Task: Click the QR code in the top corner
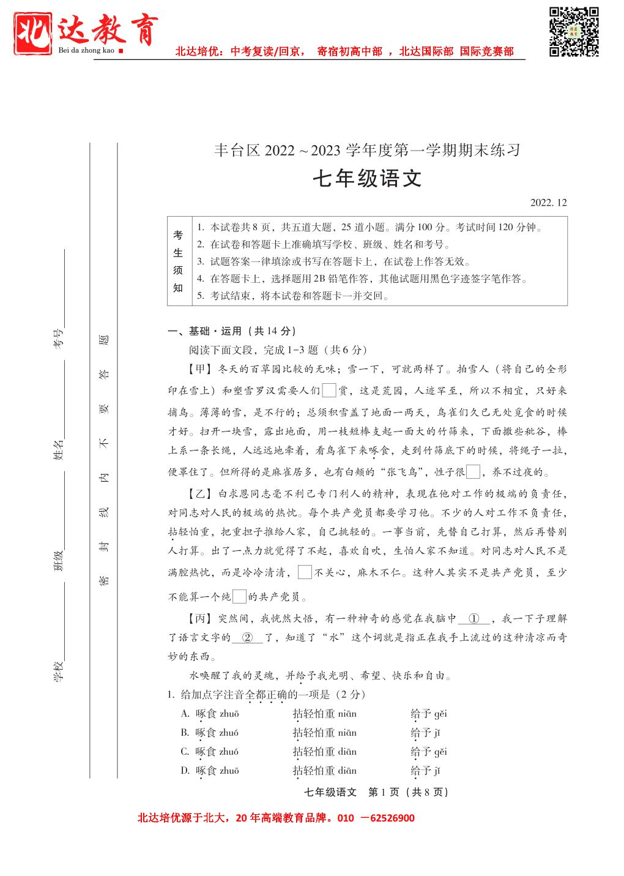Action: pos(573,32)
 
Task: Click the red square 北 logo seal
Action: pos(33,34)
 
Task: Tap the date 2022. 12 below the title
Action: pos(548,203)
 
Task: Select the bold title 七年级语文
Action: pos(367,179)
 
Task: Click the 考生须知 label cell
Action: pos(178,261)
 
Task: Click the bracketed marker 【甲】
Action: pos(199,369)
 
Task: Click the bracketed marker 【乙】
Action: pos(199,494)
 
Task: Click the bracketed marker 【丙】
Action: pos(199,619)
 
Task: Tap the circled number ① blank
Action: pos(474,619)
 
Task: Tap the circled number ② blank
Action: pos(247,638)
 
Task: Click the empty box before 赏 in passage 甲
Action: pos(329,390)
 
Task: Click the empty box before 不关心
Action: pos(305,572)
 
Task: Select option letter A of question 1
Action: pos(185,714)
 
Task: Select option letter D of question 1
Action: pos(185,771)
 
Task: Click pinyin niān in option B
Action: pos(347,733)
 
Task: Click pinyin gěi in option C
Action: pos(440,752)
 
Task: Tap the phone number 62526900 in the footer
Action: pos(392,818)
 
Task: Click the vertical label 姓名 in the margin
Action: pos(58,450)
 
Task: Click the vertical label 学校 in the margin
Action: pos(58,672)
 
